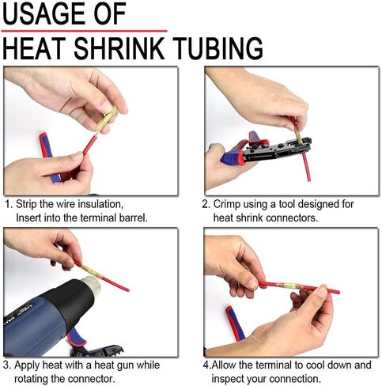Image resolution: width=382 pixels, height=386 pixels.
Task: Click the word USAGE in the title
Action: click(44, 13)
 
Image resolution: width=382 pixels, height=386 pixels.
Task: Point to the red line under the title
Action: click(84, 31)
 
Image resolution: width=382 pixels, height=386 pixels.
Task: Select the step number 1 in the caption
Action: click(8, 204)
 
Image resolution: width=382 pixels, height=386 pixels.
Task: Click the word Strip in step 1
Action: click(26, 204)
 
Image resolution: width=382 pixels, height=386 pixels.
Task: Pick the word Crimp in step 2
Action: click(227, 204)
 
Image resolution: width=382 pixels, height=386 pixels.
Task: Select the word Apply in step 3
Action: click(27, 365)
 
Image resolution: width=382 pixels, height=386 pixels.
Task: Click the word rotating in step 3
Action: click(31, 379)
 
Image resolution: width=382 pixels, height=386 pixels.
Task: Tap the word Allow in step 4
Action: click(224, 365)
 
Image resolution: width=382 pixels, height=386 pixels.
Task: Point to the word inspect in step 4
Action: click(228, 379)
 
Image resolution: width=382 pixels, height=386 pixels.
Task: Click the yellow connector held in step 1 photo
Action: click(107, 119)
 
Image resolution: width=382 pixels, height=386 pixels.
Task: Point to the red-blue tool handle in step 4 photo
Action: click(235, 324)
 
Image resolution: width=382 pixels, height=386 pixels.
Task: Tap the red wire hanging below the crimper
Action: click(306, 166)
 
